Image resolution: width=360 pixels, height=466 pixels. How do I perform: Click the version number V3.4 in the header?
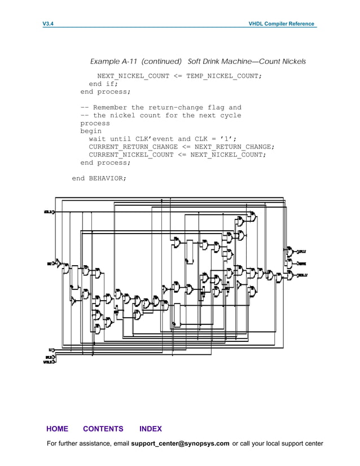48,24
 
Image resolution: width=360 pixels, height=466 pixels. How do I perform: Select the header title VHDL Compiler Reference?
282,24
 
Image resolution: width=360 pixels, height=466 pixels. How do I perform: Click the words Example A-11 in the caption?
115,61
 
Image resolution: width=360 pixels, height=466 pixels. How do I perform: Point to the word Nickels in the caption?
293,61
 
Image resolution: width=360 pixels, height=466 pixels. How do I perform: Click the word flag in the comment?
216,107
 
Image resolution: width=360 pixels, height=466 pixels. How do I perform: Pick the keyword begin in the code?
91,131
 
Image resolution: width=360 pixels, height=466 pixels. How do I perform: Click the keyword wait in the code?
97,139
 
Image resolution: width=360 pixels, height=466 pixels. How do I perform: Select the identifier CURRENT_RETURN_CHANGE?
133,147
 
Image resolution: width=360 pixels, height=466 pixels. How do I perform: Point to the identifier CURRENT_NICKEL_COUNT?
131,155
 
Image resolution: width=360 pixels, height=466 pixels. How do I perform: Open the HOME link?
57,429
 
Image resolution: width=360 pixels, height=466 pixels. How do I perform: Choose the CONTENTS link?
103,429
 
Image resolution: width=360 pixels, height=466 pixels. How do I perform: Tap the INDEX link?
150,429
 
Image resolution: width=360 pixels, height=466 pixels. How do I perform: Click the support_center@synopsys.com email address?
180,443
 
